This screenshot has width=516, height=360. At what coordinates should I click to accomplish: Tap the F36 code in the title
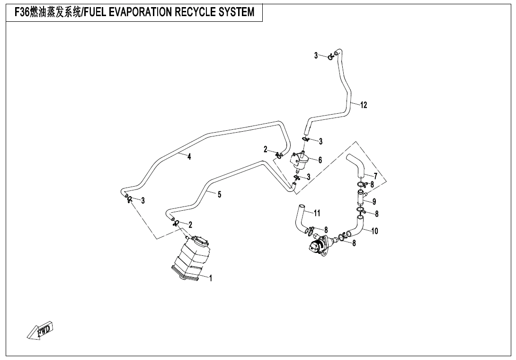tap(22, 12)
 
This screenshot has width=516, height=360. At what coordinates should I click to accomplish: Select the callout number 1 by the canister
tap(211, 279)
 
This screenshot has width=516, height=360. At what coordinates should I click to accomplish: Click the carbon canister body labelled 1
tap(192, 261)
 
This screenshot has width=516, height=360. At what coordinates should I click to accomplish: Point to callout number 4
tap(189, 157)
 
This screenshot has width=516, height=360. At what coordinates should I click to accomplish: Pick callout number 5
tap(219, 194)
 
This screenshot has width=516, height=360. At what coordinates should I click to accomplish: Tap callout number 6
tap(320, 160)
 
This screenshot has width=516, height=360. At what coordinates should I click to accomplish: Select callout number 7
tap(375, 176)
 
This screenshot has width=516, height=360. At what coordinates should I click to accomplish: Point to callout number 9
tap(374, 201)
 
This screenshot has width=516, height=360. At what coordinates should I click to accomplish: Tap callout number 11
tap(317, 213)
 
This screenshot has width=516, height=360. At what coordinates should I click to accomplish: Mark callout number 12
tap(364, 105)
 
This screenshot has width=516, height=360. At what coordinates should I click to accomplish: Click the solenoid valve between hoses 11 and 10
tap(318, 246)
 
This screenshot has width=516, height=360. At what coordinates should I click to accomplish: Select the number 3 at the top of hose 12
tap(316, 55)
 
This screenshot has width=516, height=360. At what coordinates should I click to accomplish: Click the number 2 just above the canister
tap(190, 224)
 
